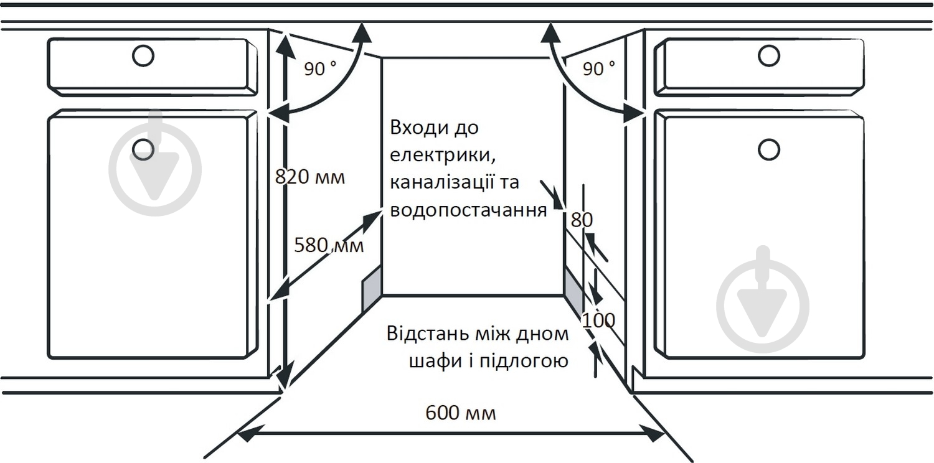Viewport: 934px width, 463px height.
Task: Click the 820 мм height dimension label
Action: point(310,177)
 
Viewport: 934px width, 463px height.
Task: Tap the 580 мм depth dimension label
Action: point(329,245)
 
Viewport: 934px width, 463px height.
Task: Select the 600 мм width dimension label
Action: point(461,413)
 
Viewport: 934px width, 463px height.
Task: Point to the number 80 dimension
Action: point(582,220)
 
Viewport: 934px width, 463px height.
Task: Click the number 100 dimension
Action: point(598,320)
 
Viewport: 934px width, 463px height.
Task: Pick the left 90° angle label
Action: point(320,68)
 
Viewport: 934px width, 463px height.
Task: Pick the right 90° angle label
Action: point(599,68)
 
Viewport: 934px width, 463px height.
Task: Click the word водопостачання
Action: point(468,210)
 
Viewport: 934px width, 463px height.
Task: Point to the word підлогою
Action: point(524,361)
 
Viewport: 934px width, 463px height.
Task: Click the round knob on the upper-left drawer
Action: point(143,55)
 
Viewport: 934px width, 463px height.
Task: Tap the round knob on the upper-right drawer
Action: point(769,55)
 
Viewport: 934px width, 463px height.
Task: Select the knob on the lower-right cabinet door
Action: point(769,149)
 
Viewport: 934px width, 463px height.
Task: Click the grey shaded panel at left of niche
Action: point(372,288)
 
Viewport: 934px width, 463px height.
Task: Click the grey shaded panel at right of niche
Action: point(573,291)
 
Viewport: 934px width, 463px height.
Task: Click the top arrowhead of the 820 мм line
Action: point(285,46)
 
